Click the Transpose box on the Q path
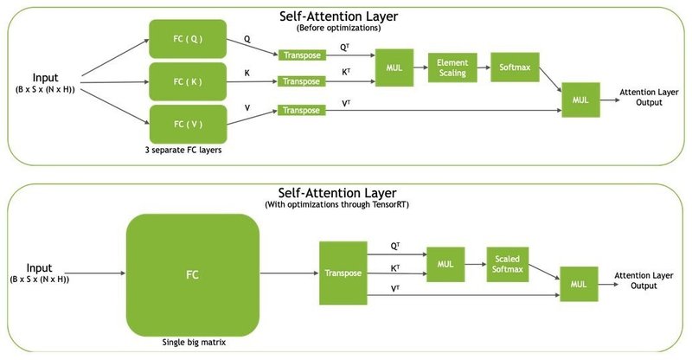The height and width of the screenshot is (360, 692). [x=302, y=55]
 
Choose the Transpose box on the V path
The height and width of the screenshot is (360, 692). [x=302, y=111]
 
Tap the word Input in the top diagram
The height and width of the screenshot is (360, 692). [x=44, y=77]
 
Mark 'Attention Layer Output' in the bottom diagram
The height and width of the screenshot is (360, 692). [x=644, y=280]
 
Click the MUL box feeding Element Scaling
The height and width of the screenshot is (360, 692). [x=394, y=67]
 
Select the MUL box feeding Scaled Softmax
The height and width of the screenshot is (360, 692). [x=445, y=263]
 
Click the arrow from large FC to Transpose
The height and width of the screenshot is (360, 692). [x=288, y=272]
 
